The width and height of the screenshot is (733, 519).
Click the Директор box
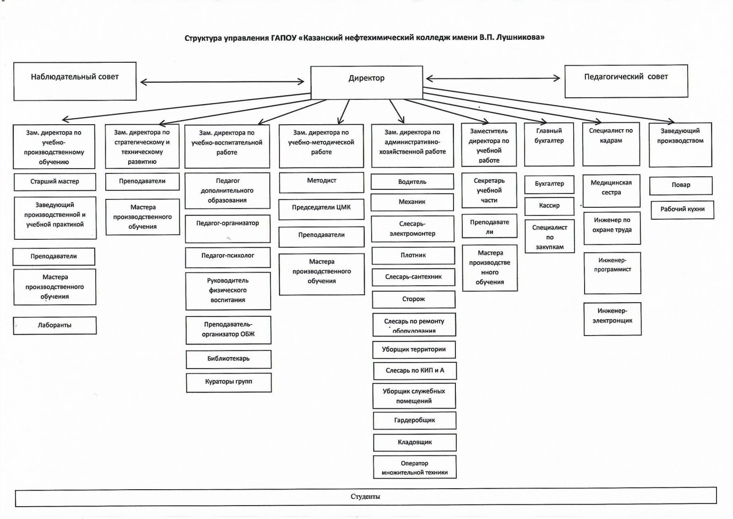click(x=366, y=82)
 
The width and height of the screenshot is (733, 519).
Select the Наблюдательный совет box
click(x=75, y=81)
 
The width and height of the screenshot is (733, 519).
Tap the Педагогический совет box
click(x=626, y=81)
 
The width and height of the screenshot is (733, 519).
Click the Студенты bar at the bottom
click(x=366, y=497)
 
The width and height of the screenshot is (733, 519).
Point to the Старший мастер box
click(x=55, y=182)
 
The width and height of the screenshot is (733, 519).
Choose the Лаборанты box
click(x=55, y=326)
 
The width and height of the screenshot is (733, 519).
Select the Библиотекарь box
click(x=228, y=359)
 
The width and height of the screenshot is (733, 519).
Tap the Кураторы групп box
click(x=229, y=382)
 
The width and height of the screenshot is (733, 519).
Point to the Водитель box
click(x=412, y=182)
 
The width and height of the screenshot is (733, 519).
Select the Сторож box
click(x=413, y=299)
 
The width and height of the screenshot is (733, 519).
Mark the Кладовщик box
click(x=415, y=442)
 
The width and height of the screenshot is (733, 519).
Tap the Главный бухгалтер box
click(x=549, y=144)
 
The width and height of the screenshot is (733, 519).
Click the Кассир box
click(x=549, y=206)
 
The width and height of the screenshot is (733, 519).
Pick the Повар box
click(x=681, y=185)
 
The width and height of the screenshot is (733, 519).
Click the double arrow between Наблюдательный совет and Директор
click(x=222, y=82)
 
